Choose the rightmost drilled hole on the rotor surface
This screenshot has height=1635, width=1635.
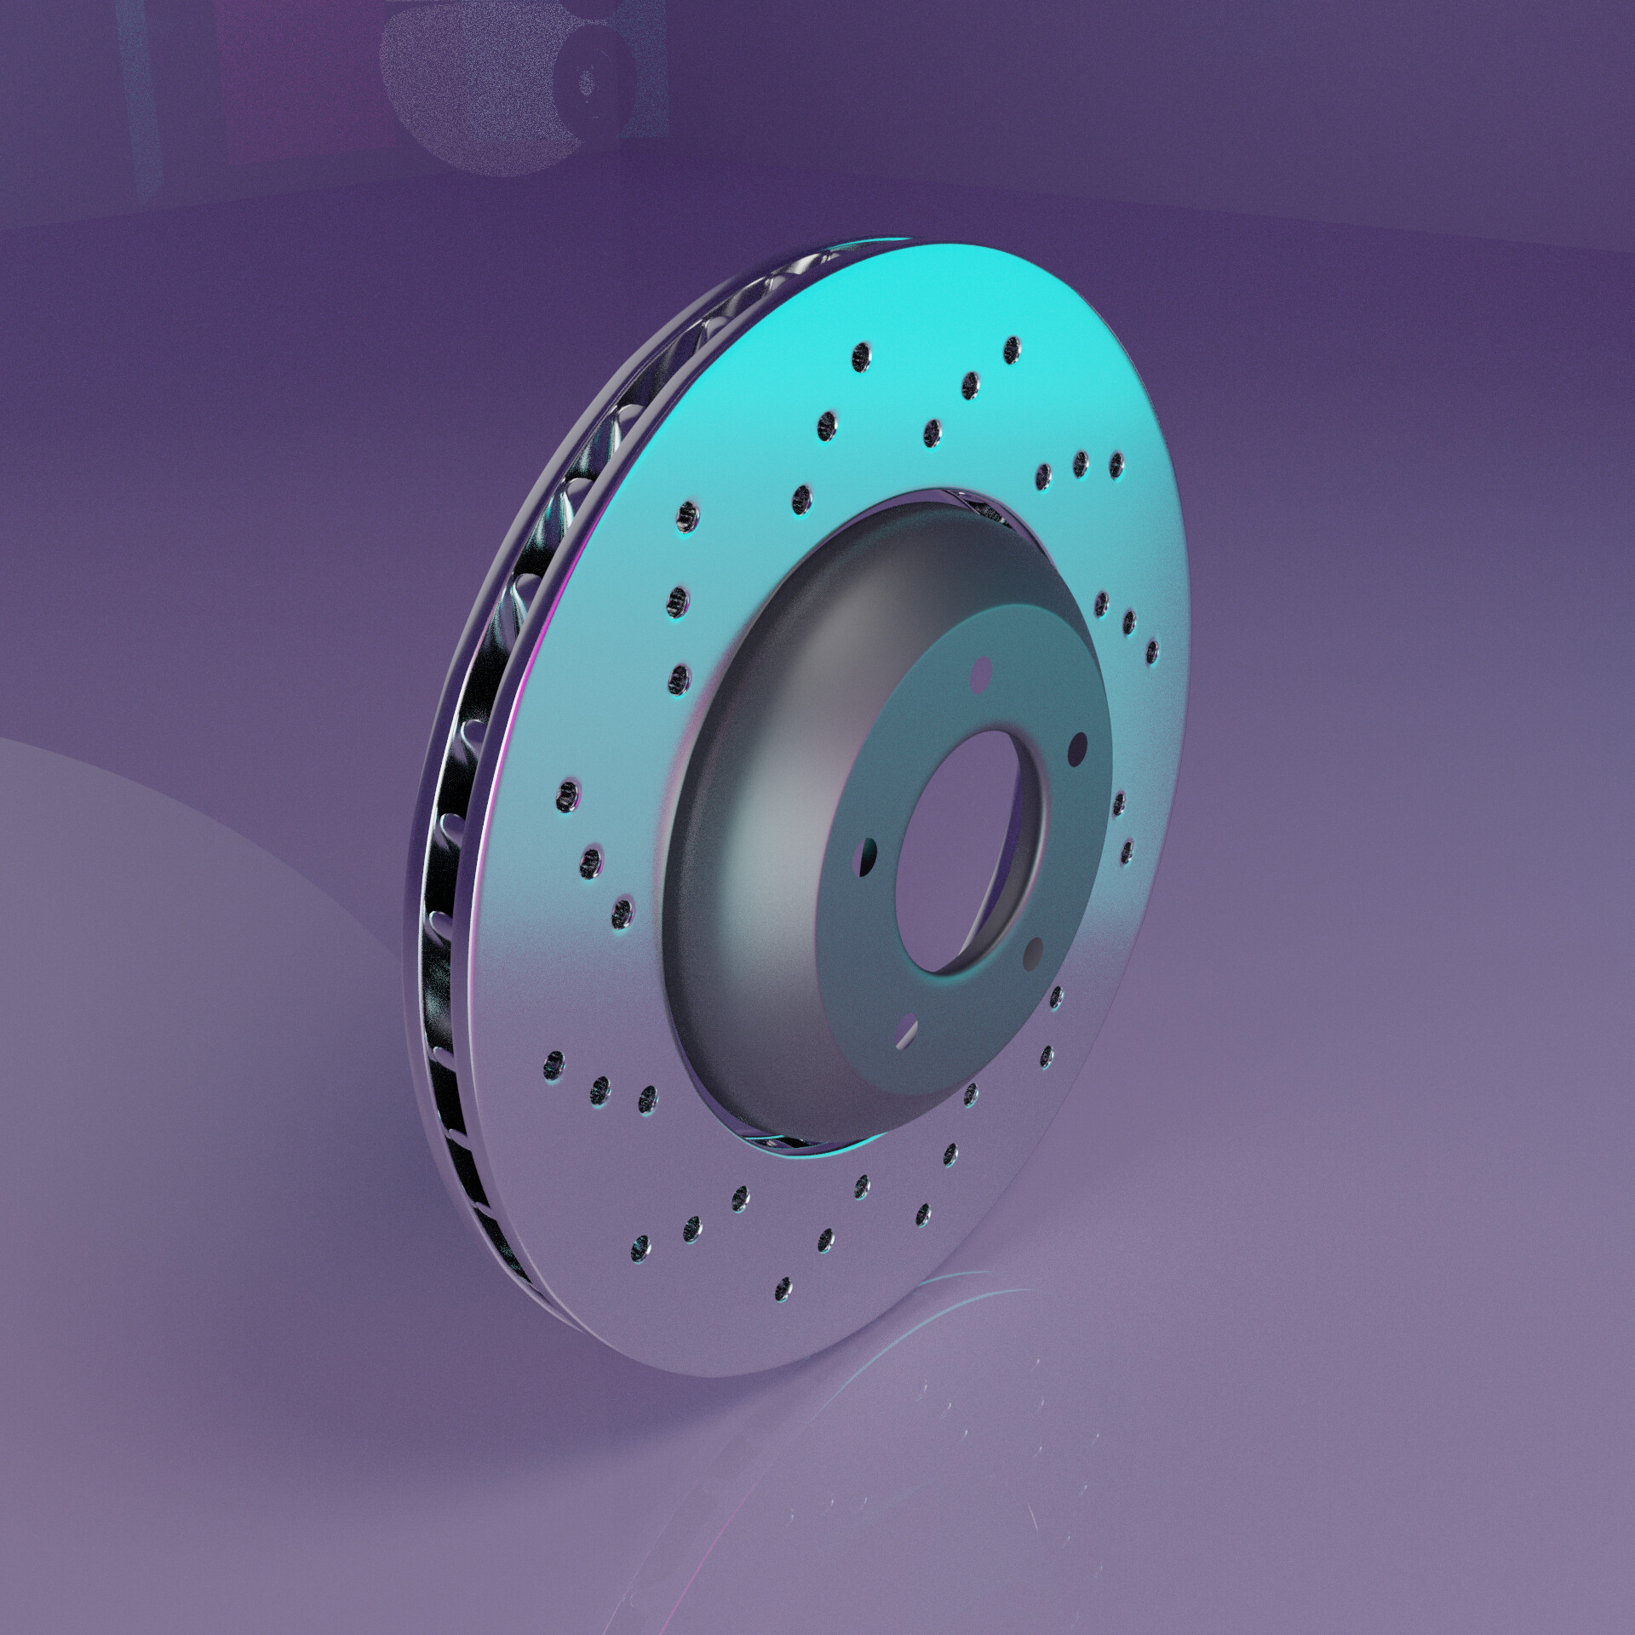[x=1151, y=651]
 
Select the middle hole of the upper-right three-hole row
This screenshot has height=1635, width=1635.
[x=1081, y=463]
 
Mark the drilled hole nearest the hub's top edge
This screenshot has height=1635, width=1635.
[x=933, y=429]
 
